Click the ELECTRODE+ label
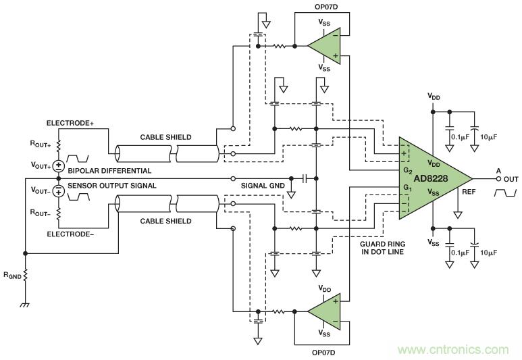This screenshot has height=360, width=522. (70, 124)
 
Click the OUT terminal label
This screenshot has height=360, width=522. (511, 179)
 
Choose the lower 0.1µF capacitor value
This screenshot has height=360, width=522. (460, 252)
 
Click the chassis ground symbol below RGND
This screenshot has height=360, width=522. (25, 304)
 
